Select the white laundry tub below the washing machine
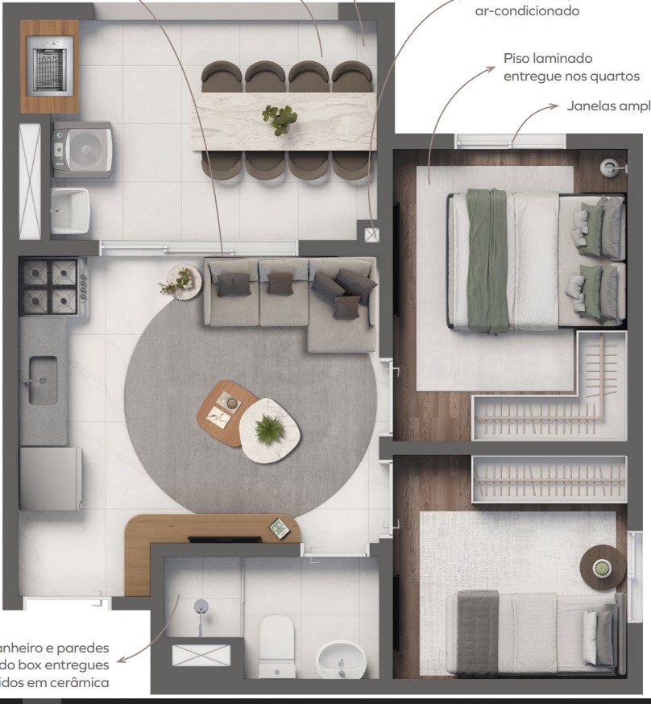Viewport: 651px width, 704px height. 70,210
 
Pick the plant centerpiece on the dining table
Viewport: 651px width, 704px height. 280,118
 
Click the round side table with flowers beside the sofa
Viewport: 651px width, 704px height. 180,281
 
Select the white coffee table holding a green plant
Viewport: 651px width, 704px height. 270,429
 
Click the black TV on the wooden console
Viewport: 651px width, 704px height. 222,538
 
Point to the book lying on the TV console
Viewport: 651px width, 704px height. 280,528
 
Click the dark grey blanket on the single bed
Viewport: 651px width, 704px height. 479,633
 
